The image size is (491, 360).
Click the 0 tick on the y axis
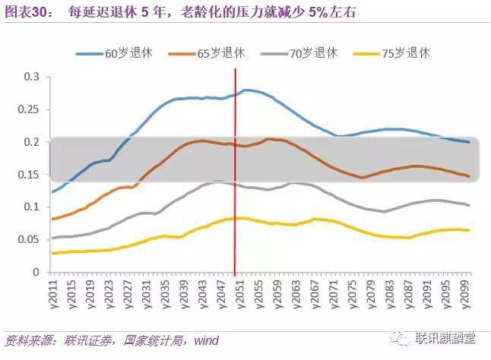[x=35, y=272]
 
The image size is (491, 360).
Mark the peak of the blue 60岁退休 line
[x=246, y=90]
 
